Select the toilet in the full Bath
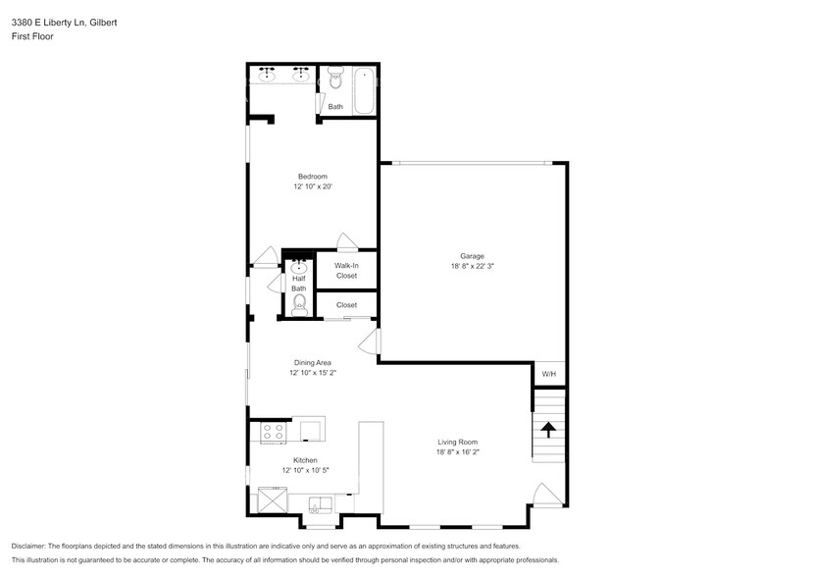click(335, 77)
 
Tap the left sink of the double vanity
click(267, 75)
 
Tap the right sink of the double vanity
click(302, 75)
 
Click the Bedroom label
click(313, 177)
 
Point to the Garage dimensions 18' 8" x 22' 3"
click(473, 266)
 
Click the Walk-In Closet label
click(346, 271)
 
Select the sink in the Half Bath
click(298, 266)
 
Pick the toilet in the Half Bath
click(298, 305)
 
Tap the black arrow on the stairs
click(548, 429)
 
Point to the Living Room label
click(457, 442)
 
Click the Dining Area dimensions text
click(313, 373)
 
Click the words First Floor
click(32, 36)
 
